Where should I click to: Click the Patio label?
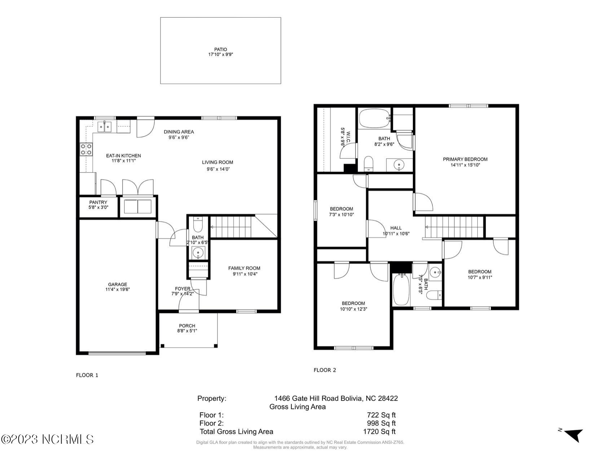click(220, 50)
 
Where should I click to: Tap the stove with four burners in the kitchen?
click(86, 149)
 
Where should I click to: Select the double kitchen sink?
click(105, 127)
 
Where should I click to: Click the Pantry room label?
click(98, 202)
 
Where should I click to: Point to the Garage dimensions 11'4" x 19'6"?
click(118, 289)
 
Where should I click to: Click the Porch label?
click(187, 326)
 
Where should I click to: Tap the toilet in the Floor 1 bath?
click(198, 224)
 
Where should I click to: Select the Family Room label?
click(244, 268)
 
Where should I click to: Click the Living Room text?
click(217, 162)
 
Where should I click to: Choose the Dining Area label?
click(179, 132)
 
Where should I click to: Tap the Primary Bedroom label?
click(465, 159)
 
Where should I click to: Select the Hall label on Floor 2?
click(396, 228)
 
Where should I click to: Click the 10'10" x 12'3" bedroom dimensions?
click(353, 309)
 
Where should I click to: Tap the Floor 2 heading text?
click(325, 370)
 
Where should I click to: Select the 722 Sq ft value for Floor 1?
click(381, 415)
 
